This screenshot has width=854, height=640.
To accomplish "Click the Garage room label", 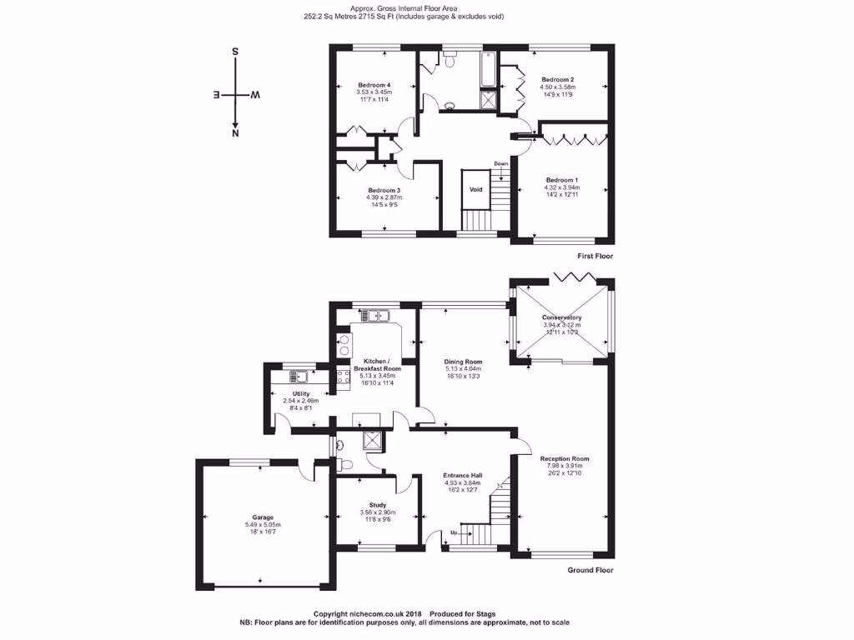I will [264, 517].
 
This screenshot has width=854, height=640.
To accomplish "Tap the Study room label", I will [378, 504].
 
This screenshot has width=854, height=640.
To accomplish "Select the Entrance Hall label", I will [464, 476].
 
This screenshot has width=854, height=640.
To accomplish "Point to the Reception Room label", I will [565, 459].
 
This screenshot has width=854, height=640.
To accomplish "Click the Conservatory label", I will [561, 318].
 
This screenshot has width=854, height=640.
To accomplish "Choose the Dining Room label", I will [463, 362].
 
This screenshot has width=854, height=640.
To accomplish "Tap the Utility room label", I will [301, 393].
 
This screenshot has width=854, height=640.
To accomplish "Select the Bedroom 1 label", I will [562, 181].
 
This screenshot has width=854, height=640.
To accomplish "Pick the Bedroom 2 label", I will [558, 80].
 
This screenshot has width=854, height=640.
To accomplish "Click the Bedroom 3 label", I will [384, 190].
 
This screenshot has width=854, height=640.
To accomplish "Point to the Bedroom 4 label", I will [374, 85].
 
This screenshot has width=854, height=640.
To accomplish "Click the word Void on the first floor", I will [475, 190].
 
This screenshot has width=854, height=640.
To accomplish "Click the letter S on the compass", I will [236, 52].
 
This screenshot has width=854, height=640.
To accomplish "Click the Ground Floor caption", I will [590, 571].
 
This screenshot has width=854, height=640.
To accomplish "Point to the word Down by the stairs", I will [500, 164].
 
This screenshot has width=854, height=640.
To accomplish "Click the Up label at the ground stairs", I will [455, 532].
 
